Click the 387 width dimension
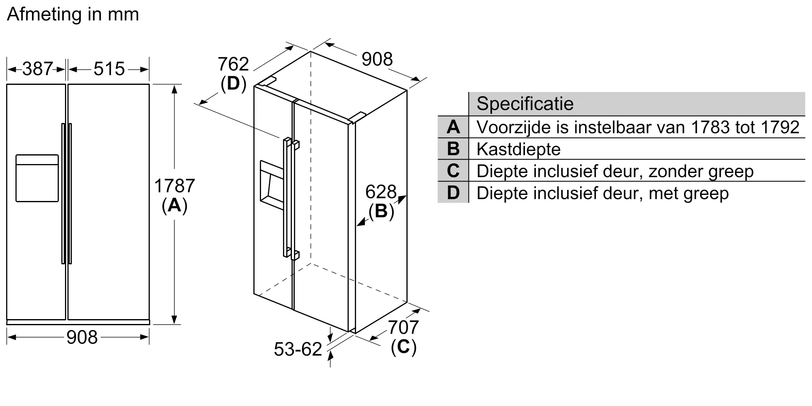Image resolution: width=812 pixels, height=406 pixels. pyautogui.click(x=37, y=69)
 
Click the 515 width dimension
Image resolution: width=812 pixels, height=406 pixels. pyautogui.click(x=109, y=69)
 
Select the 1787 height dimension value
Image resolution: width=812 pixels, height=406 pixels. pyautogui.click(x=175, y=186)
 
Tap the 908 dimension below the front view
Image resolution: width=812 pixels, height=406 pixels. pyautogui.click(x=82, y=337)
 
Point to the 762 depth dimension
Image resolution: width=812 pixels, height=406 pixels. pyautogui.click(x=233, y=64)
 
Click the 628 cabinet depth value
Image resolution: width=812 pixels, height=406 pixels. pyautogui.click(x=381, y=192)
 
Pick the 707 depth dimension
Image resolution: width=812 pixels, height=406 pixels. pyautogui.click(x=403, y=327)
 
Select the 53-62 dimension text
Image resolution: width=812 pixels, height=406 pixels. pyautogui.click(x=298, y=349)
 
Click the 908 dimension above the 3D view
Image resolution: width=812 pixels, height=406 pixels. pyautogui.click(x=377, y=59)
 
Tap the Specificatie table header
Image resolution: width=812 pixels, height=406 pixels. pyautogui.click(x=525, y=104)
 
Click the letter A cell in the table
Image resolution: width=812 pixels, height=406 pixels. pyautogui.click(x=453, y=127)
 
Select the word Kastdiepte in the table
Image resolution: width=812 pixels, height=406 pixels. pyautogui.click(x=518, y=149)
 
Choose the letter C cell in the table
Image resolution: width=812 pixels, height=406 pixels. pyautogui.click(x=453, y=171)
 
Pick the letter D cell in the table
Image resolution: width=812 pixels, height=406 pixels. pyautogui.click(x=453, y=192)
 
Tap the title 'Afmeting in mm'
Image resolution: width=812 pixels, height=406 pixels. pyautogui.click(x=73, y=15)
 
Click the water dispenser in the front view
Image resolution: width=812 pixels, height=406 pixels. pyautogui.click(x=37, y=178)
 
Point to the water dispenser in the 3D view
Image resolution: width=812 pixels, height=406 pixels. pyautogui.click(x=272, y=185)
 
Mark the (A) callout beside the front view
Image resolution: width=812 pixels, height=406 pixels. pyautogui.click(x=175, y=205)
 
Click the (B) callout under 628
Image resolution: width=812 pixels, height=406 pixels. pyautogui.click(x=381, y=211)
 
